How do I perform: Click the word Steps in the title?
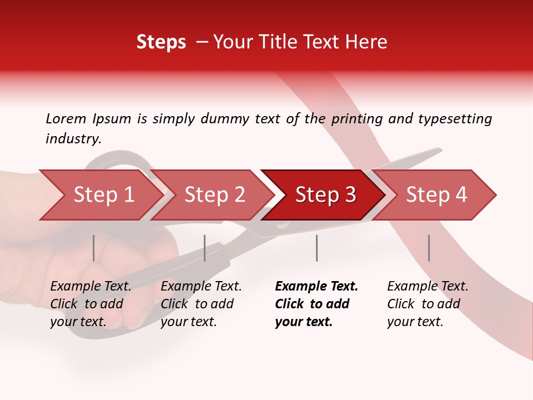click(161, 42)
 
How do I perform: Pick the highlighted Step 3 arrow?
click(325, 195)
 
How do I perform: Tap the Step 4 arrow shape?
click(436, 195)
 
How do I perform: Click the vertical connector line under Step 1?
click(94, 248)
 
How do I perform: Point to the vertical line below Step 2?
click(205, 248)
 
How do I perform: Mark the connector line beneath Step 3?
click(316, 248)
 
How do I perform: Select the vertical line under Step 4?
click(429, 248)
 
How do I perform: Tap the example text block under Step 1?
click(90, 304)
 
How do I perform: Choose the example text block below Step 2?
click(200, 304)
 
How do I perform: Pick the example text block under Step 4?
click(427, 304)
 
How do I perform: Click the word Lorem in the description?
click(66, 118)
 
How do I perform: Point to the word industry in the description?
click(73, 139)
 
